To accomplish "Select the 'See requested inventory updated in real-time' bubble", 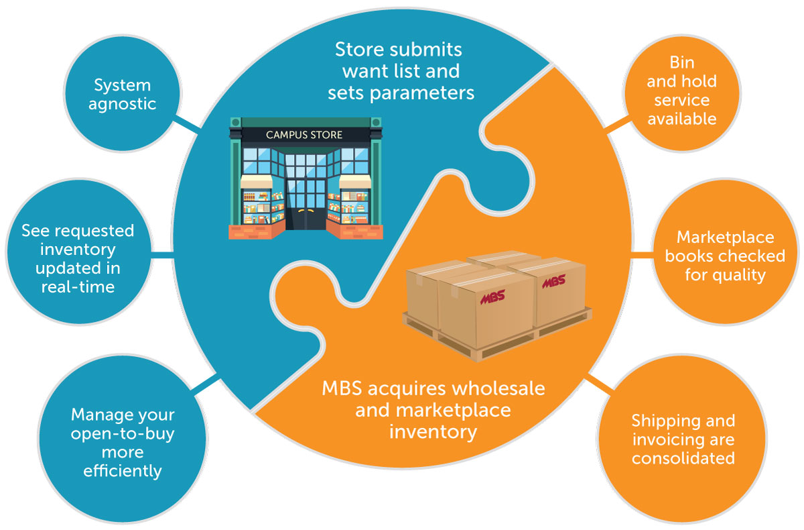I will [x=78, y=258].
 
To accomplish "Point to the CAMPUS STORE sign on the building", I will [x=304, y=135].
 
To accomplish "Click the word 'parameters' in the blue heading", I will [x=401, y=93].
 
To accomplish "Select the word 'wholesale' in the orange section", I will [x=500, y=388].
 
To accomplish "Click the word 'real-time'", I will [x=78, y=286].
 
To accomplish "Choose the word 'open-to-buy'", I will [x=123, y=433].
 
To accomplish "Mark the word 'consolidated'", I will [x=683, y=459].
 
